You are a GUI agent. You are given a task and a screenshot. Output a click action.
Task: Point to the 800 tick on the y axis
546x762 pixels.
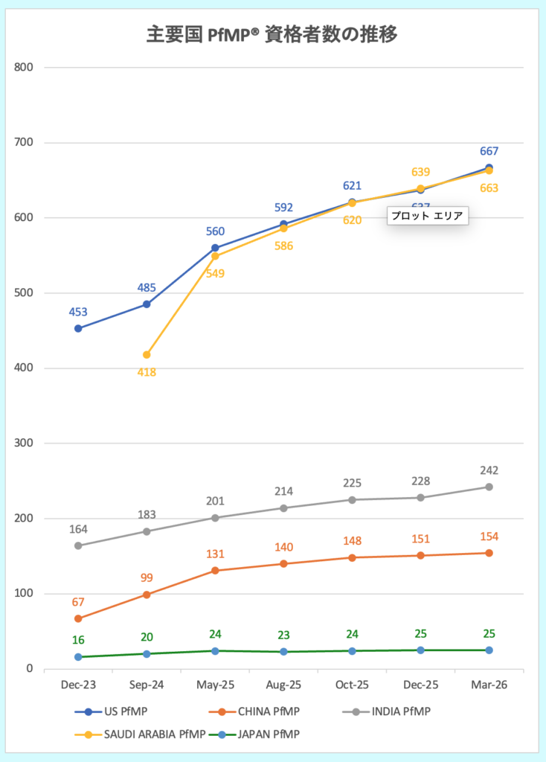point(25,68)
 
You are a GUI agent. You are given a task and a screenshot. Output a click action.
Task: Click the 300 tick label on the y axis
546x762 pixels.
point(25,444)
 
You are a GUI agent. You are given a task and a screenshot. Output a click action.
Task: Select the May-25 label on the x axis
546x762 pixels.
point(215,685)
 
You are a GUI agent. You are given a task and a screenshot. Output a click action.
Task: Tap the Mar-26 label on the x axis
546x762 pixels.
point(489,685)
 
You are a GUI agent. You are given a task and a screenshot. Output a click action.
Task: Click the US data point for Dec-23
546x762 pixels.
point(78,328)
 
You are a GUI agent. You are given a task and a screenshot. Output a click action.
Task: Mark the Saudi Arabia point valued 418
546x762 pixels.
point(147,355)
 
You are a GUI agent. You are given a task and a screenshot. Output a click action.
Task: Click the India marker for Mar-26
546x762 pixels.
point(489,487)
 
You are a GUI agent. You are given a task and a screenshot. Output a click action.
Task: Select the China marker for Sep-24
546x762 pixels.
point(147,595)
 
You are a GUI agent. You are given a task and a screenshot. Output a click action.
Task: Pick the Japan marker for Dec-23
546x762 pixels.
point(78,657)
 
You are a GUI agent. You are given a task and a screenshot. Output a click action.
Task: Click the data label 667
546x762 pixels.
point(489,152)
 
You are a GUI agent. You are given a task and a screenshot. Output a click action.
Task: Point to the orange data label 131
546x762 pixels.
point(215,554)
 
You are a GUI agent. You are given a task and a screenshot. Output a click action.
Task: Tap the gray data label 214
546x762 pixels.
point(283,491)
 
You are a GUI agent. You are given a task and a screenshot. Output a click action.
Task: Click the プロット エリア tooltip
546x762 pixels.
point(427,217)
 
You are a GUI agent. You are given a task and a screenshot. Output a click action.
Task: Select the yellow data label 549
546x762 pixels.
point(215,273)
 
